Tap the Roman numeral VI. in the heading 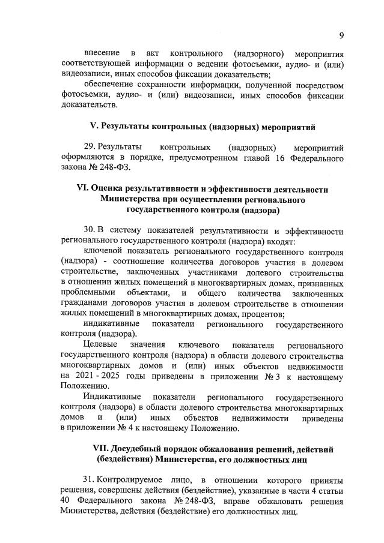coord(84,188)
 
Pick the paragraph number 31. coord(90,481)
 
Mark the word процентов coord(263,314)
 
